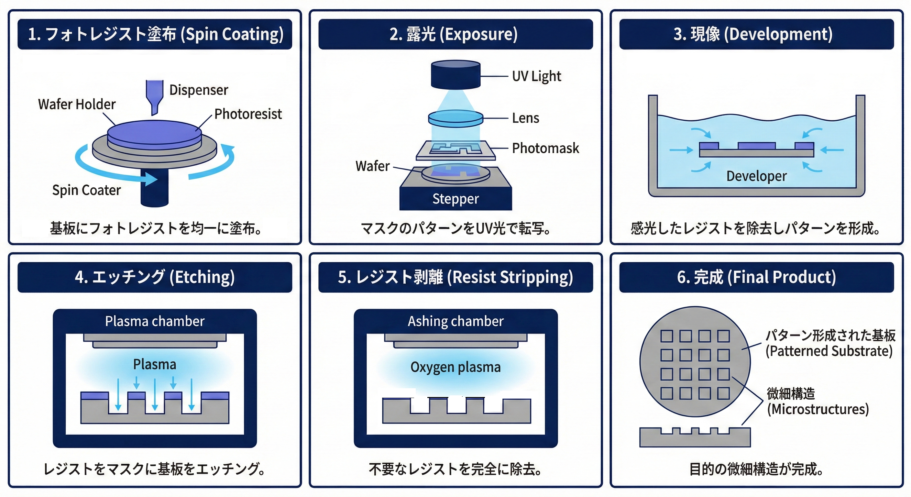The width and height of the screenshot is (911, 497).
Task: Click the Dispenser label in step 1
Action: tap(198, 90)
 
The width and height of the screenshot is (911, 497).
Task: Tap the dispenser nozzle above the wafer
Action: tap(155, 95)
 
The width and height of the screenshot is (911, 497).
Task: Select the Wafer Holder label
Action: tap(77, 105)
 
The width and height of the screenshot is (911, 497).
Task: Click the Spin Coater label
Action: tap(86, 190)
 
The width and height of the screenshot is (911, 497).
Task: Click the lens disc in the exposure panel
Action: tap(455, 118)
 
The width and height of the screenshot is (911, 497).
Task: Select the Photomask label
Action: tap(545, 148)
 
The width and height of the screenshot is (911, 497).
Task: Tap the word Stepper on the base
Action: tap(455, 199)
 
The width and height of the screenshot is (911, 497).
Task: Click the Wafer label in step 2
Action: tap(372, 166)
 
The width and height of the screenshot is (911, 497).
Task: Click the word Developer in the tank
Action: tap(756, 176)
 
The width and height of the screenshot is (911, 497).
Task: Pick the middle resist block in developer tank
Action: tap(756, 146)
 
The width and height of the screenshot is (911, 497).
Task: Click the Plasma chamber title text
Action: tap(155, 321)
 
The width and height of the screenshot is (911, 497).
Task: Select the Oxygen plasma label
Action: tap(455, 367)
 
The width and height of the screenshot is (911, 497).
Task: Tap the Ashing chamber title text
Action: tap(455, 321)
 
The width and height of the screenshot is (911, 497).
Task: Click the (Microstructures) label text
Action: tap(818, 409)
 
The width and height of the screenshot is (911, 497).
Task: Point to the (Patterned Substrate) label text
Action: tap(829, 351)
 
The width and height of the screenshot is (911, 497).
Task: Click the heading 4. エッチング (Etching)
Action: tap(155, 277)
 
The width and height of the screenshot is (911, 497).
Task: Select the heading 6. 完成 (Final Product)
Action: tap(756, 277)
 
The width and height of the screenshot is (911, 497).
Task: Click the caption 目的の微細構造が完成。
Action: tap(756, 469)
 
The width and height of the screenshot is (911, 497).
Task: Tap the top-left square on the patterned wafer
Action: tap(667, 336)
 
